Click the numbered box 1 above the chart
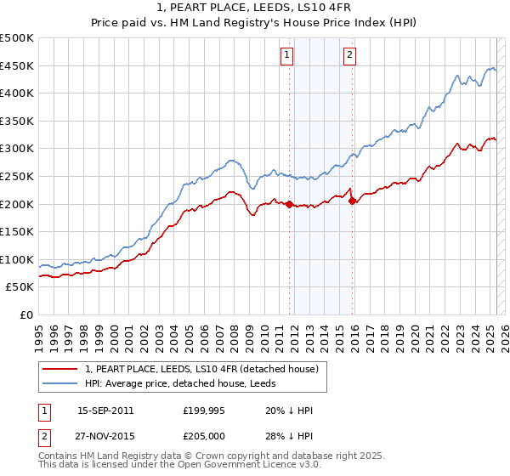[x=286, y=55]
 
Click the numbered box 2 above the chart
[x=349, y=55]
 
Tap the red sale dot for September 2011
[x=289, y=204]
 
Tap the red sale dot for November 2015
[x=352, y=201]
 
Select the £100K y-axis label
[x=17, y=259]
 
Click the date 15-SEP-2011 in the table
[x=105, y=411]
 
